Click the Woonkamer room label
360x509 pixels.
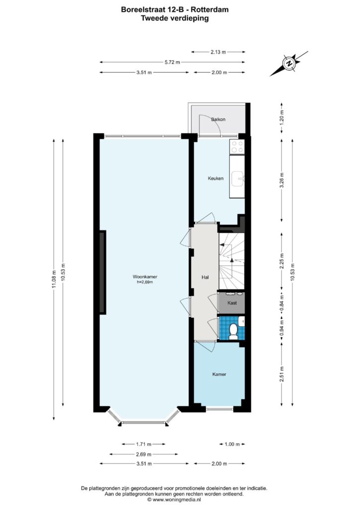(x=145, y=277)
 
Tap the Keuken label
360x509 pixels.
(x=215, y=178)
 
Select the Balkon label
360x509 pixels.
(x=218, y=119)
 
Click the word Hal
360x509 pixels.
(x=205, y=277)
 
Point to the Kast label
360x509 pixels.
(x=232, y=303)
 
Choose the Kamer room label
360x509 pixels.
(x=219, y=374)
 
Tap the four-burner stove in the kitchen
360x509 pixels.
(x=237, y=147)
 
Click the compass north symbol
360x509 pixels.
(x=288, y=63)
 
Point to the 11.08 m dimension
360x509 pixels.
(x=54, y=279)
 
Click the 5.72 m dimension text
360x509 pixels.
(x=172, y=62)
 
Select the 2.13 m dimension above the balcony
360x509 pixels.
(x=218, y=52)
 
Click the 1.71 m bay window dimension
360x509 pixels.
(x=144, y=444)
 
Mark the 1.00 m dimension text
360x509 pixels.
(x=232, y=444)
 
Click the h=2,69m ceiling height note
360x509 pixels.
(x=145, y=282)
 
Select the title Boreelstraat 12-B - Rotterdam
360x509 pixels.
(x=175, y=9)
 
